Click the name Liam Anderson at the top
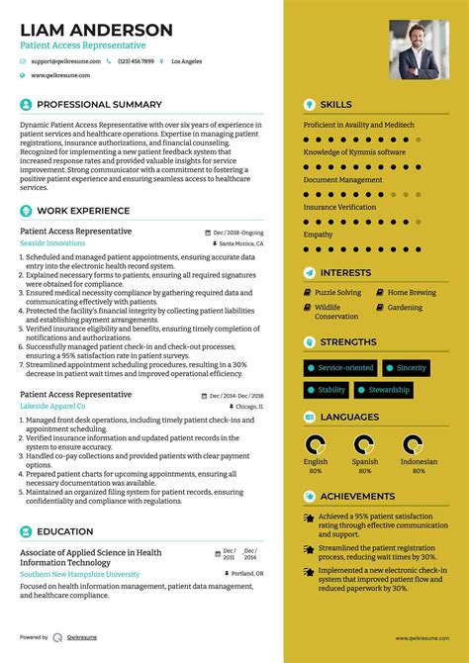click(96, 30)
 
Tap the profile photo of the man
click(419, 49)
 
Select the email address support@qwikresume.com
click(65, 61)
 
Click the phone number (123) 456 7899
click(136, 61)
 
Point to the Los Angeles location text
click(186, 61)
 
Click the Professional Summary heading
click(99, 105)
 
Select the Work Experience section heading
click(83, 211)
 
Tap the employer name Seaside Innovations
click(52, 242)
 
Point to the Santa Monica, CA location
click(241, 242)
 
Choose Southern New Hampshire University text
click(80, 574)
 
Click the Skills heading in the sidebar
click(335, 105)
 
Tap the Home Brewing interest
click(412, 293)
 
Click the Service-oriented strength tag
click(345, 367)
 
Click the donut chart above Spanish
click(365, 444)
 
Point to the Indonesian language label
click(419, 461)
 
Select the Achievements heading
click(357, 497)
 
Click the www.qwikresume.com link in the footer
click(422, 638)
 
